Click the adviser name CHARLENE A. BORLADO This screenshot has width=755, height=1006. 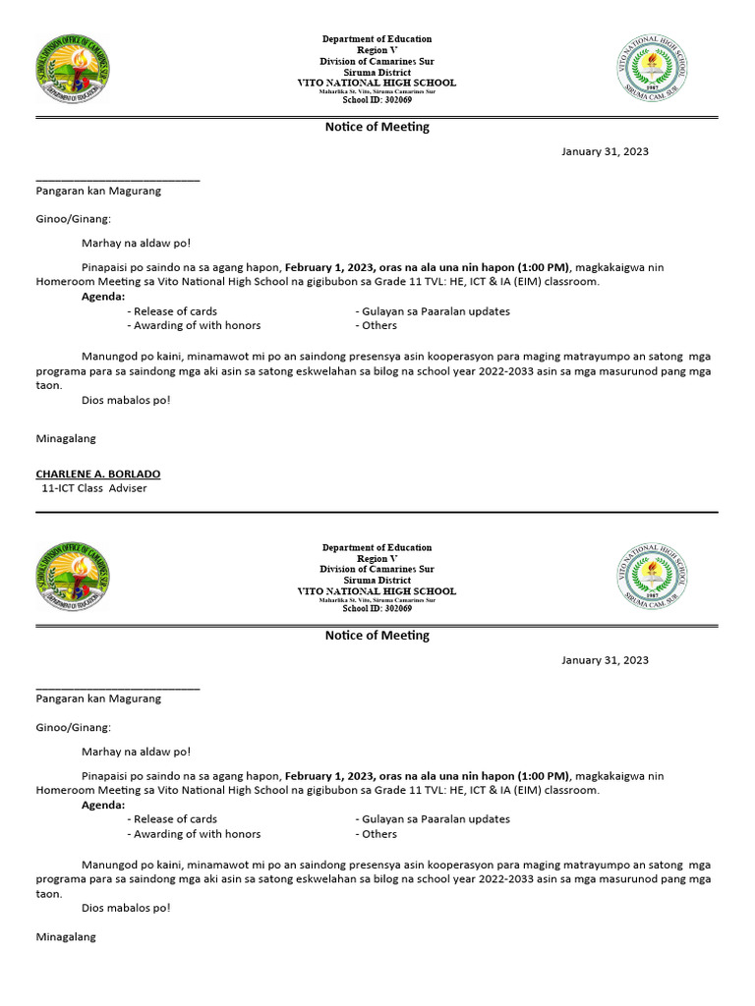[x=97, y=474]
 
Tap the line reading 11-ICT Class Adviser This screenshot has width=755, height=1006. [x=93, y=488]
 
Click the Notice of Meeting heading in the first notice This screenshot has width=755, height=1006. [x=377, y=127]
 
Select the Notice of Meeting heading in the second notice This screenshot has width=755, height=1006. [x=377, y=636]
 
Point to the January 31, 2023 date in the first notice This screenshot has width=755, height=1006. [x=605, y=151]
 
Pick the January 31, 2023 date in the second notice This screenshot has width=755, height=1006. [x=605, y=660]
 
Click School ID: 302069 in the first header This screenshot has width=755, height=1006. [x=377, y=100]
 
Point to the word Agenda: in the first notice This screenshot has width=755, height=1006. [x=103, y=296]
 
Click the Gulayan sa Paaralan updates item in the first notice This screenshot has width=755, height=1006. [x=433, y=311]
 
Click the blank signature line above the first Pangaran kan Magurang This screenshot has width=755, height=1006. [x=118, y=180]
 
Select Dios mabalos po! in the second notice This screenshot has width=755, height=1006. [x=126, y=908]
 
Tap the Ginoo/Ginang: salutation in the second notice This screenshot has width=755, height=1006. [x=74, y=727]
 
